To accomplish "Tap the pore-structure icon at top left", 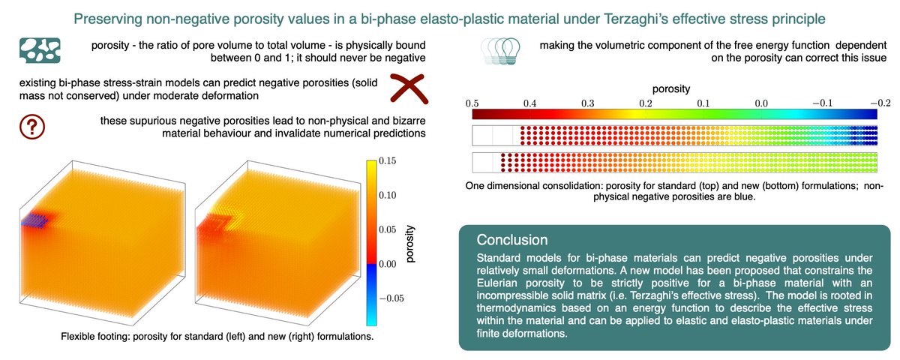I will coord(37,49).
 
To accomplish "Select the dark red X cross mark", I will coord(412,90).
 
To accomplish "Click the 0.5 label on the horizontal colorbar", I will coord(472,102).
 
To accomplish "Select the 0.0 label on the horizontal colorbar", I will coord(760,102).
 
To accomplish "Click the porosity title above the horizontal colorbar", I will coord(674,88).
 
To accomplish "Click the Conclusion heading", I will coord(508,240).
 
